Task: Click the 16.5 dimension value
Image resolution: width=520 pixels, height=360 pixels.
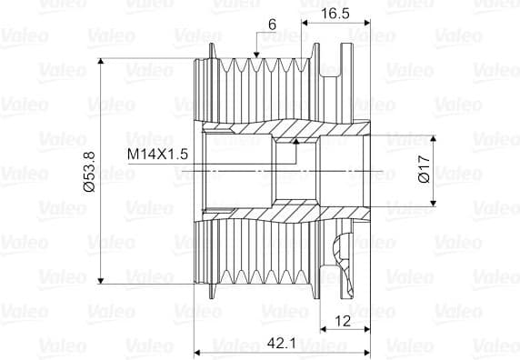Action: (x=335, y=14)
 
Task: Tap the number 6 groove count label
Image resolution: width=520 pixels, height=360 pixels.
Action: (x=272, y=25)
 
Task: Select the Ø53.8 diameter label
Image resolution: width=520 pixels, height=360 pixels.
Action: (x=89, y=172)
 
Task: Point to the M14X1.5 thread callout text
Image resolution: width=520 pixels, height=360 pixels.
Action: (x=158, y=155)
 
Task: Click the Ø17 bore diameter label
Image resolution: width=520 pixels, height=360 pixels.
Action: (x=425, y=169)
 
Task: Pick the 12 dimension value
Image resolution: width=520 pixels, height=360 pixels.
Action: (x=342, y=321)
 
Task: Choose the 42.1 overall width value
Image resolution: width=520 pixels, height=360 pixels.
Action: (x=282, y=343)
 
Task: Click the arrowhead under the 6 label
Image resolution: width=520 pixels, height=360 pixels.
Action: (x=256, y=55)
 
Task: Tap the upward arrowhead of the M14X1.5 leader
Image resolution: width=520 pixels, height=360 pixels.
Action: (x=296, y=141)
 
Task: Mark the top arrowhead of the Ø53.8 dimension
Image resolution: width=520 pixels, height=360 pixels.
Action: (x=101, y=61)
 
